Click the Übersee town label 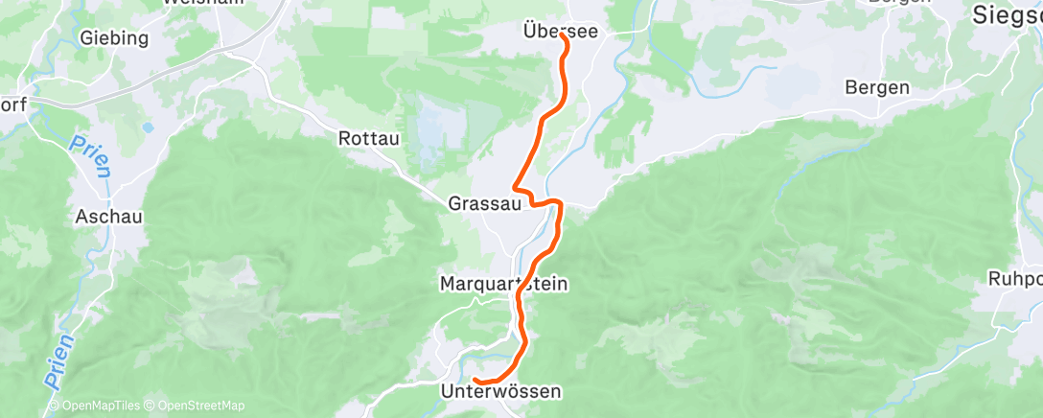561,32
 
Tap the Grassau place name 484,203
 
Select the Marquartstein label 503,284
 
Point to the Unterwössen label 500,391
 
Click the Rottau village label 368,138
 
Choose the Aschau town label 109,217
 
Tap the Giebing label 115,38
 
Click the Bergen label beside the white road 876,87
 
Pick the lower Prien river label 58,360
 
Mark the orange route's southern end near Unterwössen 475,383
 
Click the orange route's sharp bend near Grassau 517,187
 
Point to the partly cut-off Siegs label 1007,14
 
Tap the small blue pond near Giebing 148,126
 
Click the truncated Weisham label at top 202,3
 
